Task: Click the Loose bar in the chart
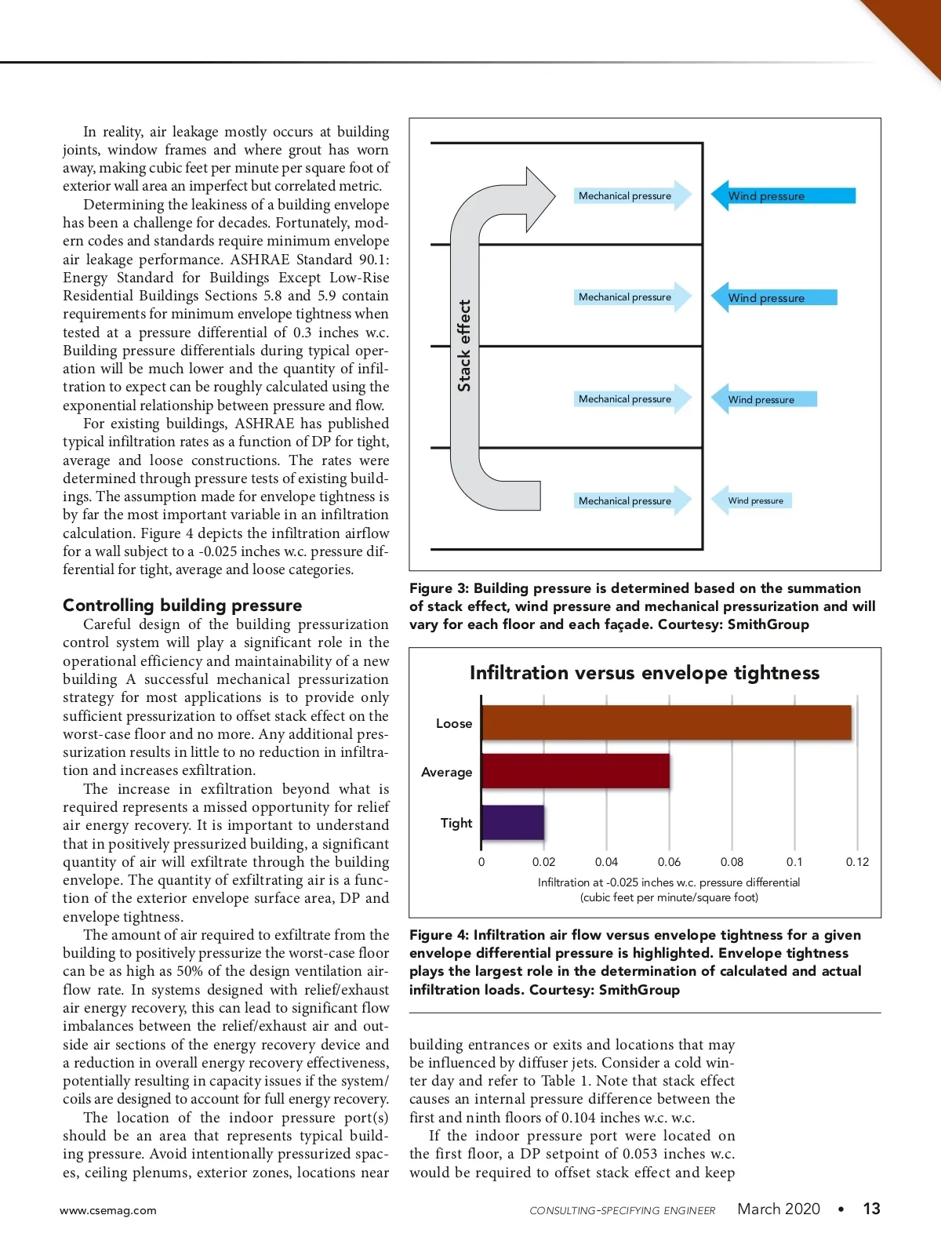coord(667,722)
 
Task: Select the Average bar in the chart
coord(576,771)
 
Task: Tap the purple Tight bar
coord(513,822)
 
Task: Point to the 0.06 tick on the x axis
coord(669,861)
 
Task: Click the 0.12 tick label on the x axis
coord(857,861)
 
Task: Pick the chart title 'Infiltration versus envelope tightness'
coord(644,673)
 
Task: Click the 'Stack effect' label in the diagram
coord(464,345)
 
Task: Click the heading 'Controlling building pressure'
coord(182,605)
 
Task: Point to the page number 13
coord(871,1209)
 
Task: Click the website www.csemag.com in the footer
coord(108,1210)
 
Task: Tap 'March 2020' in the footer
coord(778,1209)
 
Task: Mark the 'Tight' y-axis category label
coord(456,823)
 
